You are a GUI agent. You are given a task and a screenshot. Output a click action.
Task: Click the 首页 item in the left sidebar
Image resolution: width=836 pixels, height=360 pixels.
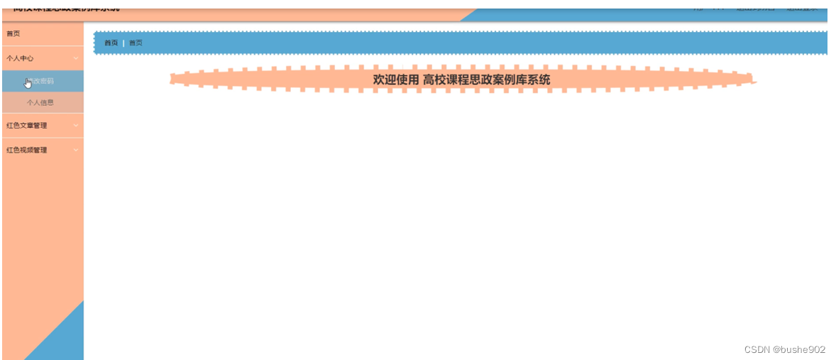[x=13, y=34]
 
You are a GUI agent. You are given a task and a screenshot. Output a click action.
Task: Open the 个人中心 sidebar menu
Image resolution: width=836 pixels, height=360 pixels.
[x=20, y=58]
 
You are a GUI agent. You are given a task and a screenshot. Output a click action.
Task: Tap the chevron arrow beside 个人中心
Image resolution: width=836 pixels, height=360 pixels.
[x=76, y=58]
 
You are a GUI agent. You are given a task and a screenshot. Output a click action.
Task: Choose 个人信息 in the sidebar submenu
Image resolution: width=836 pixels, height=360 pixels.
[x=40, y=102]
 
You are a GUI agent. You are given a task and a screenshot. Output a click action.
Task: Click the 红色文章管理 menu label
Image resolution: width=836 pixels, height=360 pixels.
[x=26, y=126]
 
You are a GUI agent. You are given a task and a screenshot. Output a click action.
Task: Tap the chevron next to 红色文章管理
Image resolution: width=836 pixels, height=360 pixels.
[x=76, y=126]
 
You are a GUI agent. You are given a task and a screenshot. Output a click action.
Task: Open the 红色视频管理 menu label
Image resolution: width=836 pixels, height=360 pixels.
[x=26, y=150]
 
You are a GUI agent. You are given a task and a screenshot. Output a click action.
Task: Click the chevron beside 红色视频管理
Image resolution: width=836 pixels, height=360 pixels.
[x=76, y=150]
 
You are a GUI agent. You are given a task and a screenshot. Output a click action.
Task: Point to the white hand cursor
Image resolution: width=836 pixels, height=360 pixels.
[x=28, y=83]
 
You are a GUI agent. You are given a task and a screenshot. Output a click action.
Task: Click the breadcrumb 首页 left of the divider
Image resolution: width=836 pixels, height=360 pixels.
[x=111, y=43]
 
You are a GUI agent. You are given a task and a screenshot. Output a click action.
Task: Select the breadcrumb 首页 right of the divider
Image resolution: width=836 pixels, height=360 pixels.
[x=136, y=43]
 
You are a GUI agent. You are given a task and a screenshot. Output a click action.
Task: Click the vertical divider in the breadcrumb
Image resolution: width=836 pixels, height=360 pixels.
[x=123, y=43]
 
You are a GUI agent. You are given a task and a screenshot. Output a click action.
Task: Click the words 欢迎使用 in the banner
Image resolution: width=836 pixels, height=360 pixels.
[x=396, y=80]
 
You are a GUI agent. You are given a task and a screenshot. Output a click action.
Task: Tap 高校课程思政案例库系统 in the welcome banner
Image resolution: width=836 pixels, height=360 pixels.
[x=486, y=80]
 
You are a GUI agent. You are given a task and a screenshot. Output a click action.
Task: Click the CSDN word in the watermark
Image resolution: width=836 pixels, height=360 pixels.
[x=757, y=349]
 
